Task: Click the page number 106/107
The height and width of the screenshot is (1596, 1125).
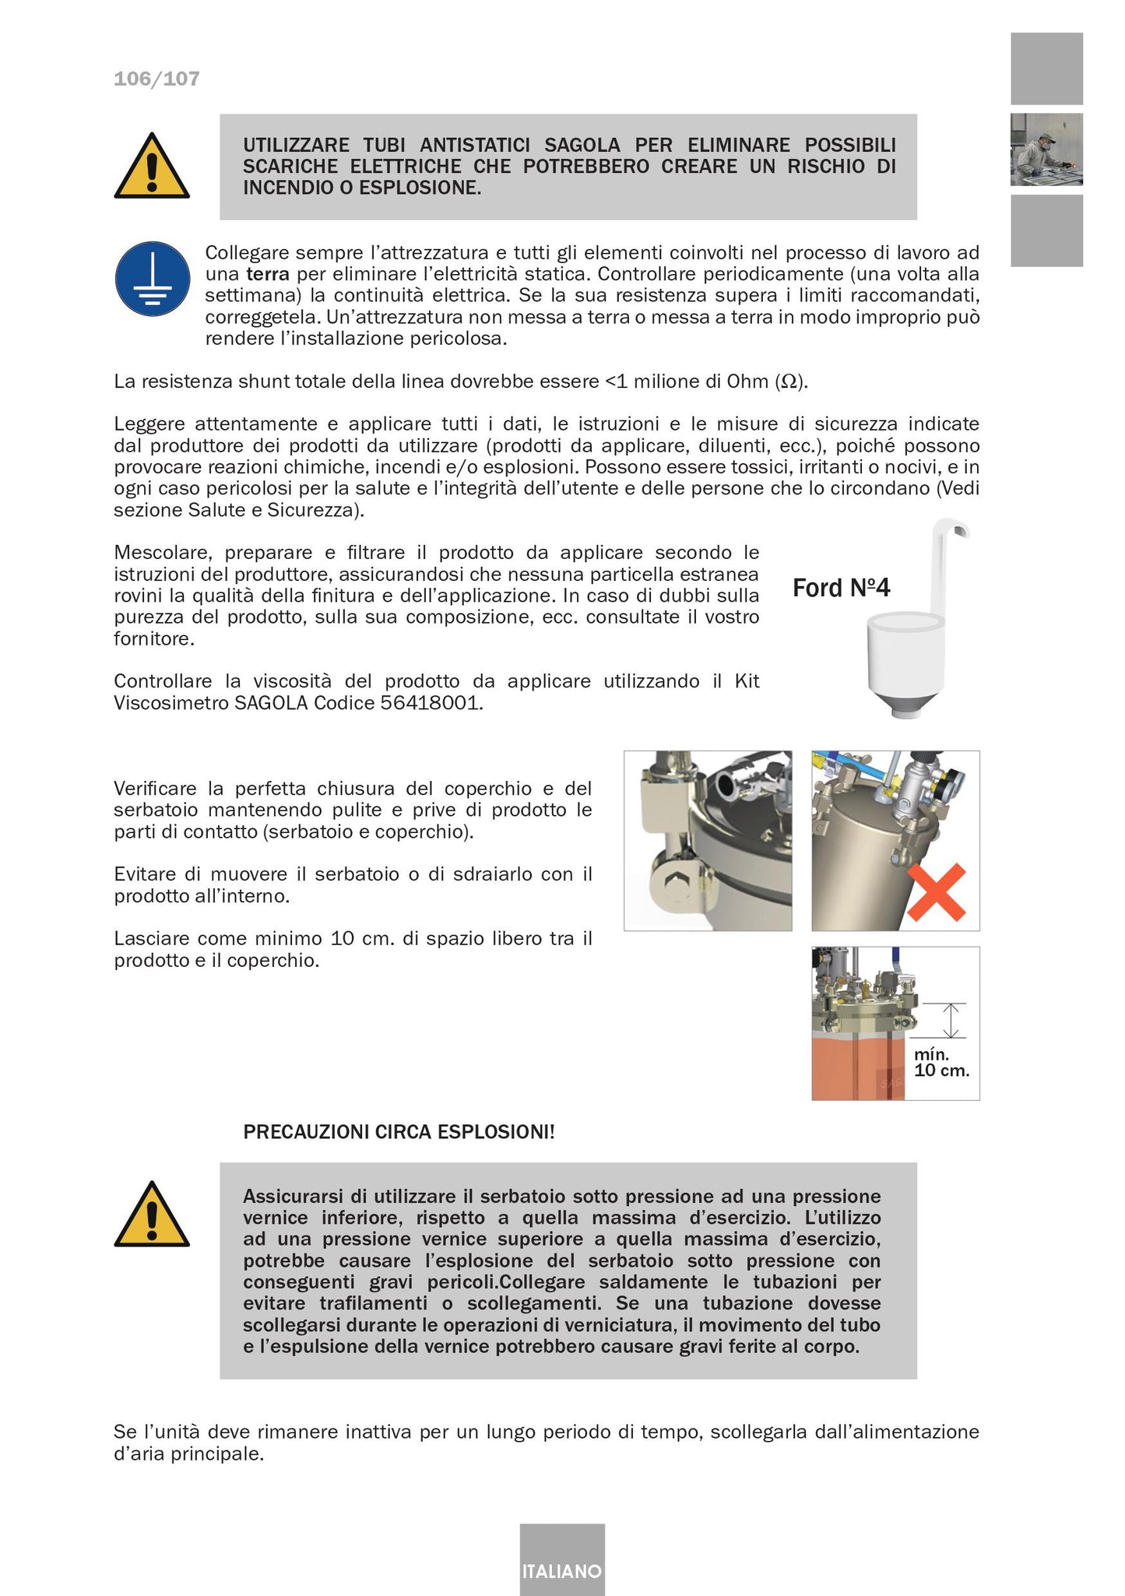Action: [156, 79]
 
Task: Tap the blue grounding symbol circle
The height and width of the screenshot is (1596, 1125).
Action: [153, 279]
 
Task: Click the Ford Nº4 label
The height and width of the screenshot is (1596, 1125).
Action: [841, 588]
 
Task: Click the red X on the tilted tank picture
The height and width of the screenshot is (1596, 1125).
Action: [937, 891]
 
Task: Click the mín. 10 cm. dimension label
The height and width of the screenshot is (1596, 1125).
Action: [941, 1063]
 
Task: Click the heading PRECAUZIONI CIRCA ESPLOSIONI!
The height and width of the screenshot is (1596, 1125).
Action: [399, 1132]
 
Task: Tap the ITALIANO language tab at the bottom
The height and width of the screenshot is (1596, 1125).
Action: [561, 1571]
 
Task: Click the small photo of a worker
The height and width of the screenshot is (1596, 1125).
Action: [1046, 149]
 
